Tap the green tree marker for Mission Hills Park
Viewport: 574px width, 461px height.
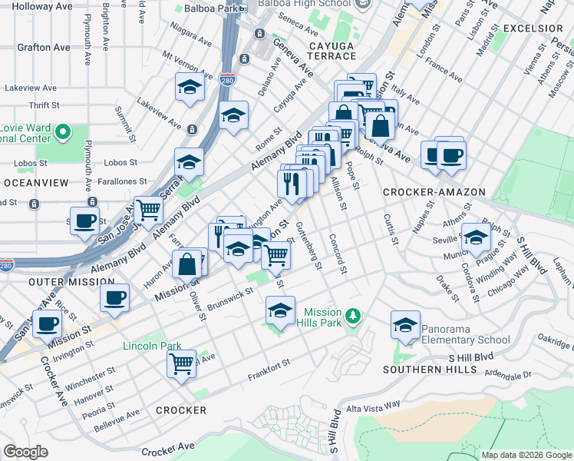pyautogui.click(x=353, y=316)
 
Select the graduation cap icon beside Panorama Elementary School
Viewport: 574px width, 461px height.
pyautogui.click(x=405, y=325)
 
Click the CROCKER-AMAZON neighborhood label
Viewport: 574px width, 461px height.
pyautogui.click(x=434, y=192)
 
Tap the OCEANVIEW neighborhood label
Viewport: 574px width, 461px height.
pyautogui.click(x=36, y=183)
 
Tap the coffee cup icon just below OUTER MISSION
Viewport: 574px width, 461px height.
pyautogui.click(x=115, y=298)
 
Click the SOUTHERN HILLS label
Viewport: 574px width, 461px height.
pyautogui.click(x=433, y=370)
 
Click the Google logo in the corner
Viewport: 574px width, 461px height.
pyautogui.click(x=25, y=452)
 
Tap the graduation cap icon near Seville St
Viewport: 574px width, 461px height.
pyautogui.click(x=476, y=237)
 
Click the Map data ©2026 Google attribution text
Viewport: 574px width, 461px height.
pyautogui.click(x=526, y=455)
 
